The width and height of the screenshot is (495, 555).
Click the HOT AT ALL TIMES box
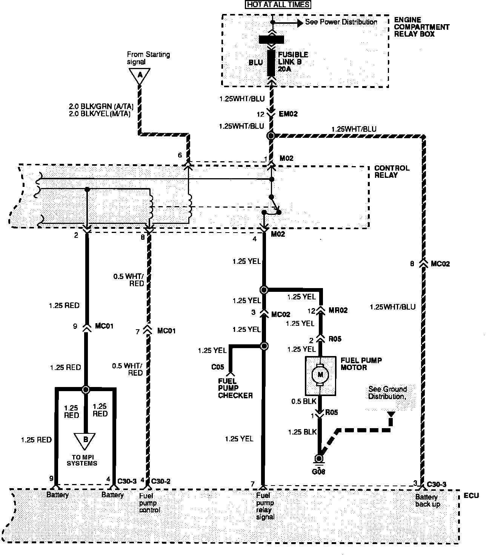coord(278,5)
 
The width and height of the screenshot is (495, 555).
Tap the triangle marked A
coord(140,75)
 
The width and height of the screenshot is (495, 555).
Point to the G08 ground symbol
coord(319,459)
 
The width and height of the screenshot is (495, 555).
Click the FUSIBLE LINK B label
coord(293,62)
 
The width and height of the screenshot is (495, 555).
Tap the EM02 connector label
coord(288,114)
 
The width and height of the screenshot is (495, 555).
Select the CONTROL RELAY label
coord(391,171)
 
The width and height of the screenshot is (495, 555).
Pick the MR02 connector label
coord(338,310)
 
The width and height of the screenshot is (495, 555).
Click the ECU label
coord(471,495)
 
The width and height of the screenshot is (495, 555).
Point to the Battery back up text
coord(427,501)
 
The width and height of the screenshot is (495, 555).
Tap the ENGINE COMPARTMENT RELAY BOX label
coord(421,26)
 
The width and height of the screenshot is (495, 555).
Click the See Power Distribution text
coord(341,22)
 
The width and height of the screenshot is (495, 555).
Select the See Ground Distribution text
coord(387,393)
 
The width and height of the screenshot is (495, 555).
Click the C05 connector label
coord(217,367)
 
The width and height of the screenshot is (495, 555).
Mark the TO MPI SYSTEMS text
coord(82,460)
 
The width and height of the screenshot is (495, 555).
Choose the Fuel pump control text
coord(150,503)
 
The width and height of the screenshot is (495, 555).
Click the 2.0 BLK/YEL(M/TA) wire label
coord(100,113)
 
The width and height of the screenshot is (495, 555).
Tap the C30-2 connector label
coord(161,481)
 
